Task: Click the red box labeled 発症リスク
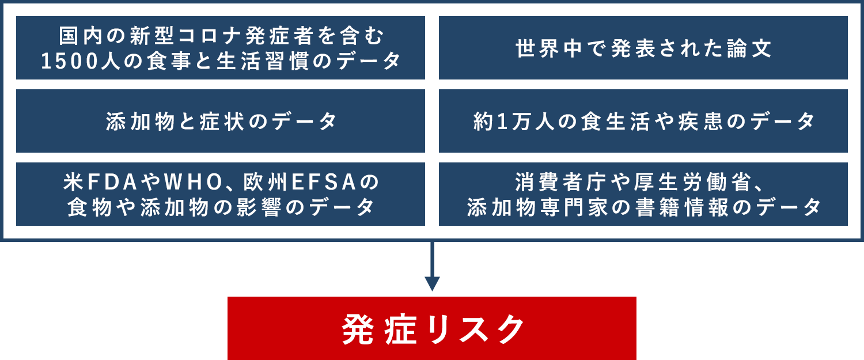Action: tap(432, 328)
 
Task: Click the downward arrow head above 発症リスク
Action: tap(432, 283)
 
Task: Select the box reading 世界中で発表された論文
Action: tap(643, 48)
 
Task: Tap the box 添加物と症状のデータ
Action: tap(221, 121)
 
